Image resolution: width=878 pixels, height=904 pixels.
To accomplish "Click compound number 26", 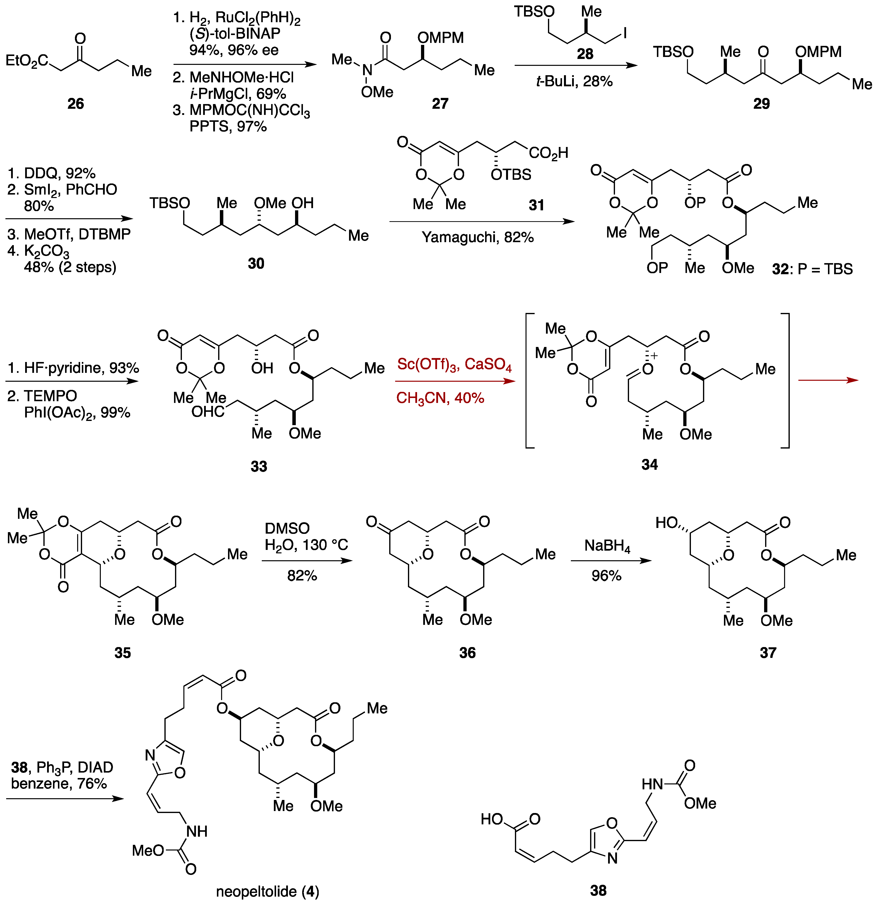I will click(x=76, y=103).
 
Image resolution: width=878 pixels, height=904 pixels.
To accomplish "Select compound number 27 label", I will click(x=440, y=103).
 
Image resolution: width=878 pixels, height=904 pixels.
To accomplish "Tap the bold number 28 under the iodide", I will click(x=585, y=54).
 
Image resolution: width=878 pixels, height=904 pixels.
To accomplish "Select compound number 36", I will click(x=467, y=653).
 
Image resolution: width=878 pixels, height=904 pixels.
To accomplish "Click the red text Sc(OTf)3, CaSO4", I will click(x=454, y=364).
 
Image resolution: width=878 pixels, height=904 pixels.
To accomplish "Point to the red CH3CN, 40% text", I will click(x=440, y=398).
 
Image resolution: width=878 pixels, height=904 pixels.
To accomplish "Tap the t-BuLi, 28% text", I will click(x=574, y=82).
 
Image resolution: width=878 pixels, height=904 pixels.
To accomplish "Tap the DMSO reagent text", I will click(x=287, y=528).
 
